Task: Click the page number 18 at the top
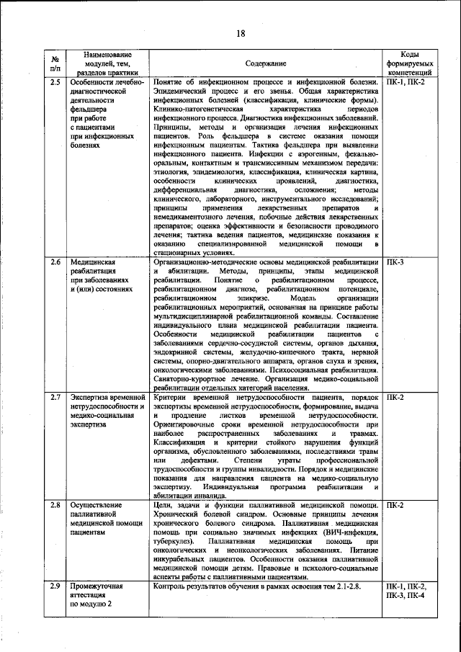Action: point(241,34)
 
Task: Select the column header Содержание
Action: point(265,63)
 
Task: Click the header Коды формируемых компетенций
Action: point(409,63)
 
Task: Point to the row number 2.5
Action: point(55,83)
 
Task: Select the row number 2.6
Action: point(55,263)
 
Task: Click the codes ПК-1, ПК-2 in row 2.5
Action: point(406,83)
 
